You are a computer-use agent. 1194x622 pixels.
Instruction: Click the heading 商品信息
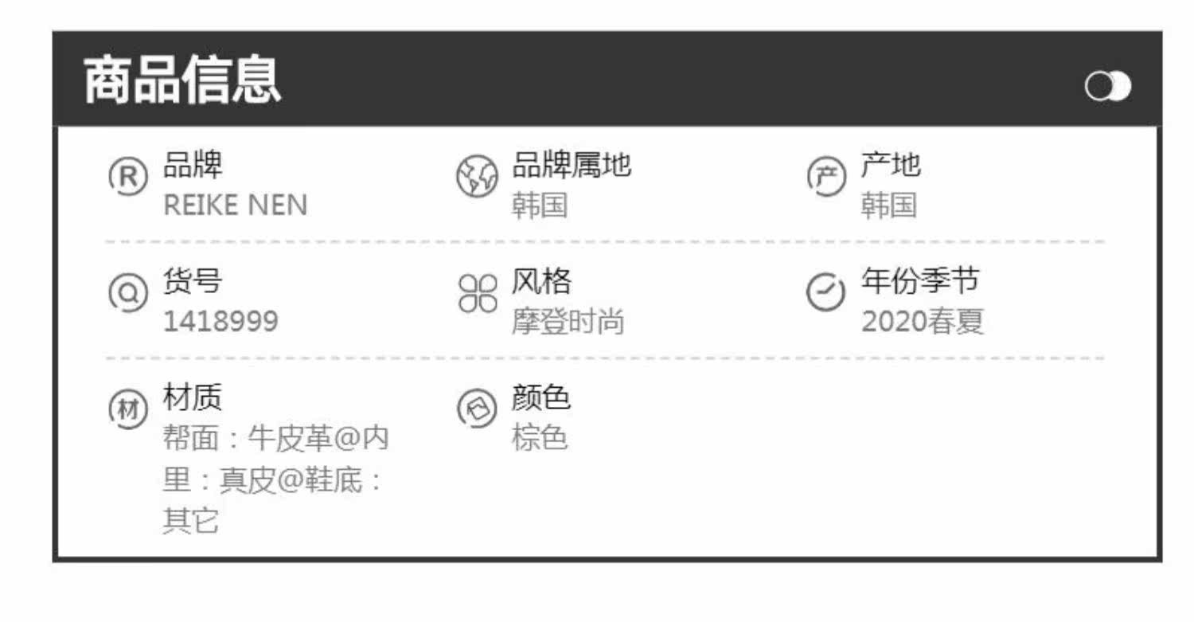click(182, 80)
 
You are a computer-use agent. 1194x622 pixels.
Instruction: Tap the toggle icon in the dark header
click(1107, 87)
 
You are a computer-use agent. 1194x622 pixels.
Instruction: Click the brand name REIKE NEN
click(235, 205)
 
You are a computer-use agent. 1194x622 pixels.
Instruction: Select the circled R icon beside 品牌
click(127, 177)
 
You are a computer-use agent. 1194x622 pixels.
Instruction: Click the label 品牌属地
click(571, 166)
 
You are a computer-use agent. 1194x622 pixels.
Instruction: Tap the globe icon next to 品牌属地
click(477, 177)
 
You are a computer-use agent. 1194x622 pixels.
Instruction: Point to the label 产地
click(890, 166)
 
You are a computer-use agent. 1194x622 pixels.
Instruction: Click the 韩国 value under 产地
click(888, 205)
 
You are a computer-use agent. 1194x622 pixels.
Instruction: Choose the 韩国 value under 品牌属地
click(539, 205)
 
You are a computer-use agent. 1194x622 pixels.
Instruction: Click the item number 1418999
click(220, 322)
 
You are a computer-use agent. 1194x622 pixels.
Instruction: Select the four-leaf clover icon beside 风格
click(477, 293)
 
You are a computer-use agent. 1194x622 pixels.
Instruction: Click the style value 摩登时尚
click(568, 322)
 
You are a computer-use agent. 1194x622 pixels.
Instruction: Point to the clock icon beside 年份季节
click(825, 292)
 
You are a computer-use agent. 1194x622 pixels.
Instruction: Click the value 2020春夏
click(923, 322)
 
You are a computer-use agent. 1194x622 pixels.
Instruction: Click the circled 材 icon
click(127, 409)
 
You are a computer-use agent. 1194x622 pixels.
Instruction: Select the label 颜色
click(540, 397)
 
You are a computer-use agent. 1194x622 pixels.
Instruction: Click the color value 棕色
click(539, 438)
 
